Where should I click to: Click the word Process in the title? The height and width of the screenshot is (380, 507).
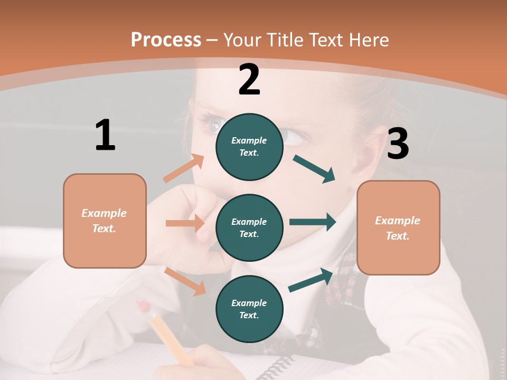[166, 40]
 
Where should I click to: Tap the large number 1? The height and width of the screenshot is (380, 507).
[105, 135]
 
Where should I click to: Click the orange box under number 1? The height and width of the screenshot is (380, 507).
[105, 221]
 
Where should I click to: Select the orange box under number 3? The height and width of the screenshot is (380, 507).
[398, 227]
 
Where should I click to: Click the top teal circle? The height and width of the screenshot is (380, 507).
[249, 147]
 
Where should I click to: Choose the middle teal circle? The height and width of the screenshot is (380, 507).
[249, 227]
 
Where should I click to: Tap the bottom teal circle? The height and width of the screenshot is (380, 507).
[249, 309]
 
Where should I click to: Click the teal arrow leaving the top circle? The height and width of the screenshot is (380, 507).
[315, 169]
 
